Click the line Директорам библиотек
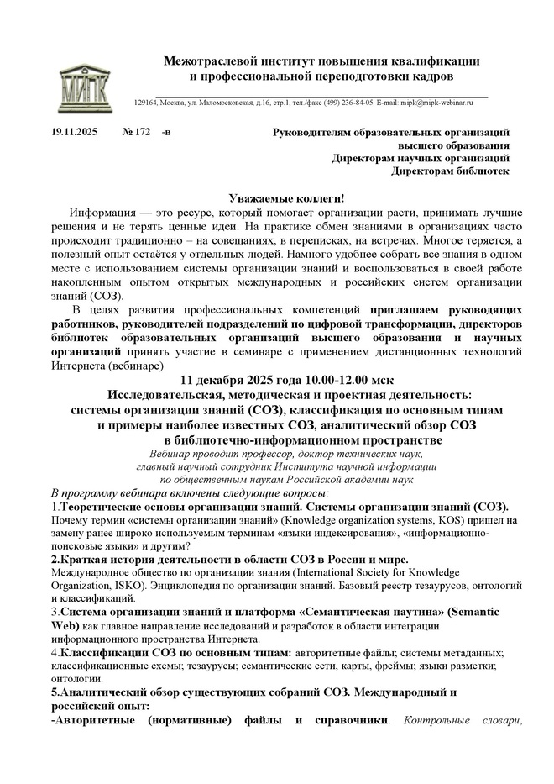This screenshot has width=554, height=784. pyautogui.click(x=451, y=171)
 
